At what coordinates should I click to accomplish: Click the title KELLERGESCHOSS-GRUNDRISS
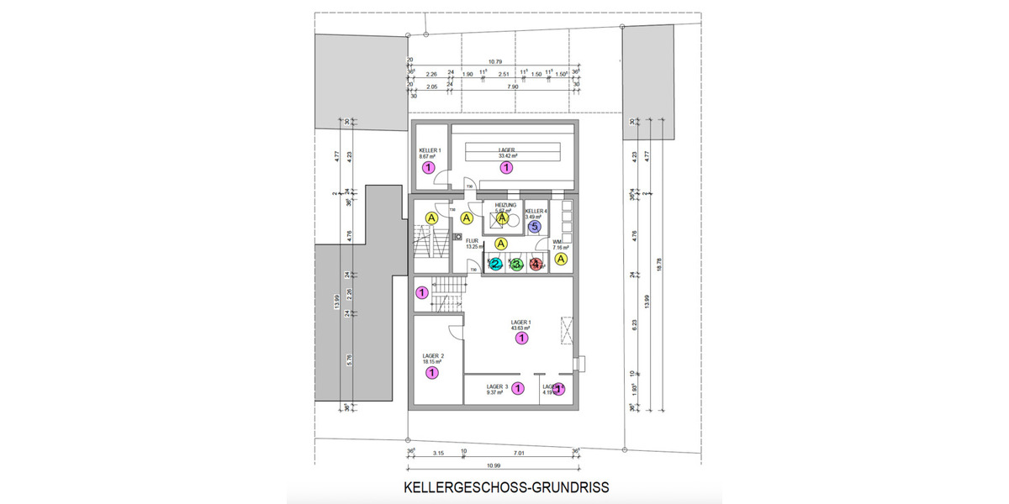506,487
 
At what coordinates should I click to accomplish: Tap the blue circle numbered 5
534,226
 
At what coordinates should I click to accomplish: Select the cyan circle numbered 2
495,265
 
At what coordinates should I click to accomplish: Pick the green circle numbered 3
517,265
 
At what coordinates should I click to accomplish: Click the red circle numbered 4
536,265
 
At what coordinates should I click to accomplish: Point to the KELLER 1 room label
431,150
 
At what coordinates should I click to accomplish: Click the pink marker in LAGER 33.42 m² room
506,168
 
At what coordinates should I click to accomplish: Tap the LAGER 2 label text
433,356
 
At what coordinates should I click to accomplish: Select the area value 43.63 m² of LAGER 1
521,328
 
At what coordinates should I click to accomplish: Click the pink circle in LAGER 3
518,388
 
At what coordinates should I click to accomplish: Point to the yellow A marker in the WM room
563,260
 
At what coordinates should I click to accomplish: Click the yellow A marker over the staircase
431,218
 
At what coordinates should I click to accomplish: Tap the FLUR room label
472,239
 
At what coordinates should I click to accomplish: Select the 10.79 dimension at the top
496,61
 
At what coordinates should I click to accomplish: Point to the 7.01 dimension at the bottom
522,454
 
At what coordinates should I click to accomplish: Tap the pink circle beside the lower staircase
422,292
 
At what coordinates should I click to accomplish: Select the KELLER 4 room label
536,211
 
